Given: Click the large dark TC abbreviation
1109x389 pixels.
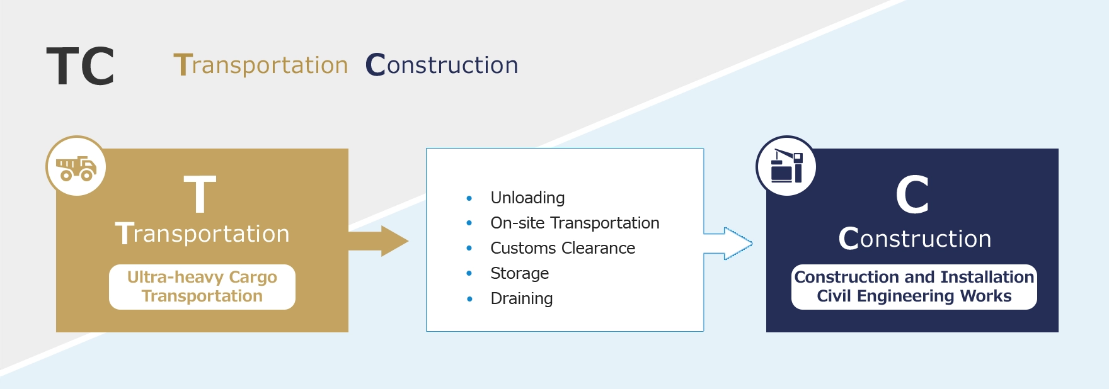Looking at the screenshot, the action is coord(81,66).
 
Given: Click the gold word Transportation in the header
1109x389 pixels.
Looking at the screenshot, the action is coord(261,65).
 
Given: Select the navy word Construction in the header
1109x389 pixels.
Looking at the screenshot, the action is coord(442,65).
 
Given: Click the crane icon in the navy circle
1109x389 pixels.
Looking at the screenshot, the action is coord(787,166).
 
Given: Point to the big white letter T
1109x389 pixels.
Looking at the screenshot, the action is coord(200,194).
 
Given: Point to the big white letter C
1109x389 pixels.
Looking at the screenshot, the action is coord(912,195).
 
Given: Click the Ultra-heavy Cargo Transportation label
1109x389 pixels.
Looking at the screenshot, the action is coord(202,286).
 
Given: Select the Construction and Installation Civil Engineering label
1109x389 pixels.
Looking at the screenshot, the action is coord(914,286).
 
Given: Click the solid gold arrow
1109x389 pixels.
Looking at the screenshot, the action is coord(378,241).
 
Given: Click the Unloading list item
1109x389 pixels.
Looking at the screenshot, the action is coord(527,198).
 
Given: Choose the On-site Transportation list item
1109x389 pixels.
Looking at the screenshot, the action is coord(575,223).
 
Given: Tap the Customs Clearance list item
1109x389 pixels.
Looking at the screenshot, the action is coord(563,248).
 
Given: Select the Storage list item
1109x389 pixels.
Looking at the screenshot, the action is coord(520,273).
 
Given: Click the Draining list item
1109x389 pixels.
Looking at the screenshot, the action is coord(522,298).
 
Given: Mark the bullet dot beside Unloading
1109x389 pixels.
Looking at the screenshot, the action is coord(469,198).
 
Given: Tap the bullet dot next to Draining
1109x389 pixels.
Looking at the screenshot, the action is coord(469,299).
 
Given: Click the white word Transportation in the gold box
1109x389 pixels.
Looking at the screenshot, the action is coord(202,234).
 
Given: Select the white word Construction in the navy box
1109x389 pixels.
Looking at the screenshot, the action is coord(914,239).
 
